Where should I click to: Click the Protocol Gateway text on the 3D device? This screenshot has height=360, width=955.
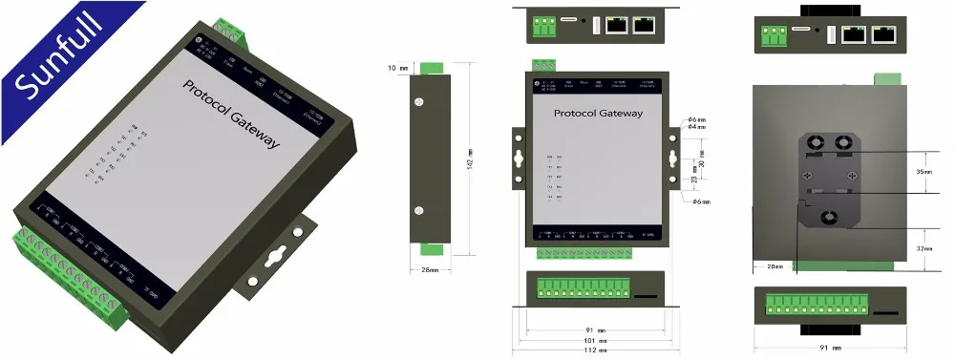point(231,113)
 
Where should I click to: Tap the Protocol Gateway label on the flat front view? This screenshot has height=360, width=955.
point(599,113)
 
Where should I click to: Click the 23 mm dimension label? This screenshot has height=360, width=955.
point(694,178)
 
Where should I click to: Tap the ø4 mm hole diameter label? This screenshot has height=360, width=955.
point(697,127)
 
